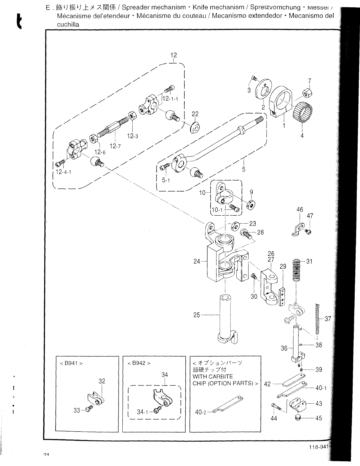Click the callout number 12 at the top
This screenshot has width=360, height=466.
click(174, 55)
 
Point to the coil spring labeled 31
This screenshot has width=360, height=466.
click(297, 270)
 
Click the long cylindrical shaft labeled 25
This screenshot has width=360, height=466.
click(225, 318)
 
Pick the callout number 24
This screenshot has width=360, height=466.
click(197, 261)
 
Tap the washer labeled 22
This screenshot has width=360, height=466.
click(196, 127)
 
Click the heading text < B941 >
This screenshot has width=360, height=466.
click(71, 363)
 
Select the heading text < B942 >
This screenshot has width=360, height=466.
click(139, 363)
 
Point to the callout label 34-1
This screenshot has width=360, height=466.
click(143, 412)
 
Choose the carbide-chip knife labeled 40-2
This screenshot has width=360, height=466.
click(228, 404)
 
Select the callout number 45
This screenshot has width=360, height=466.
click(319, 418)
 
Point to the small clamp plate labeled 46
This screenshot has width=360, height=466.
click(298, 230)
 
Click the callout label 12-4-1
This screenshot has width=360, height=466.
click(64, 172)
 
